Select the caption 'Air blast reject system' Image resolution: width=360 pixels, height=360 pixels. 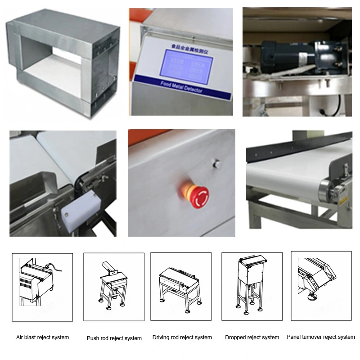43,337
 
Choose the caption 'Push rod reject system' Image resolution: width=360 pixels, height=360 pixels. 114,338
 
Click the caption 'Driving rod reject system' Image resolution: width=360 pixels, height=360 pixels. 182,337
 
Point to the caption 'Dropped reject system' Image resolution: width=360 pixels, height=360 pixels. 252,337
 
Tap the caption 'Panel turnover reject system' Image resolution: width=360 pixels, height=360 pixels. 321,337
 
